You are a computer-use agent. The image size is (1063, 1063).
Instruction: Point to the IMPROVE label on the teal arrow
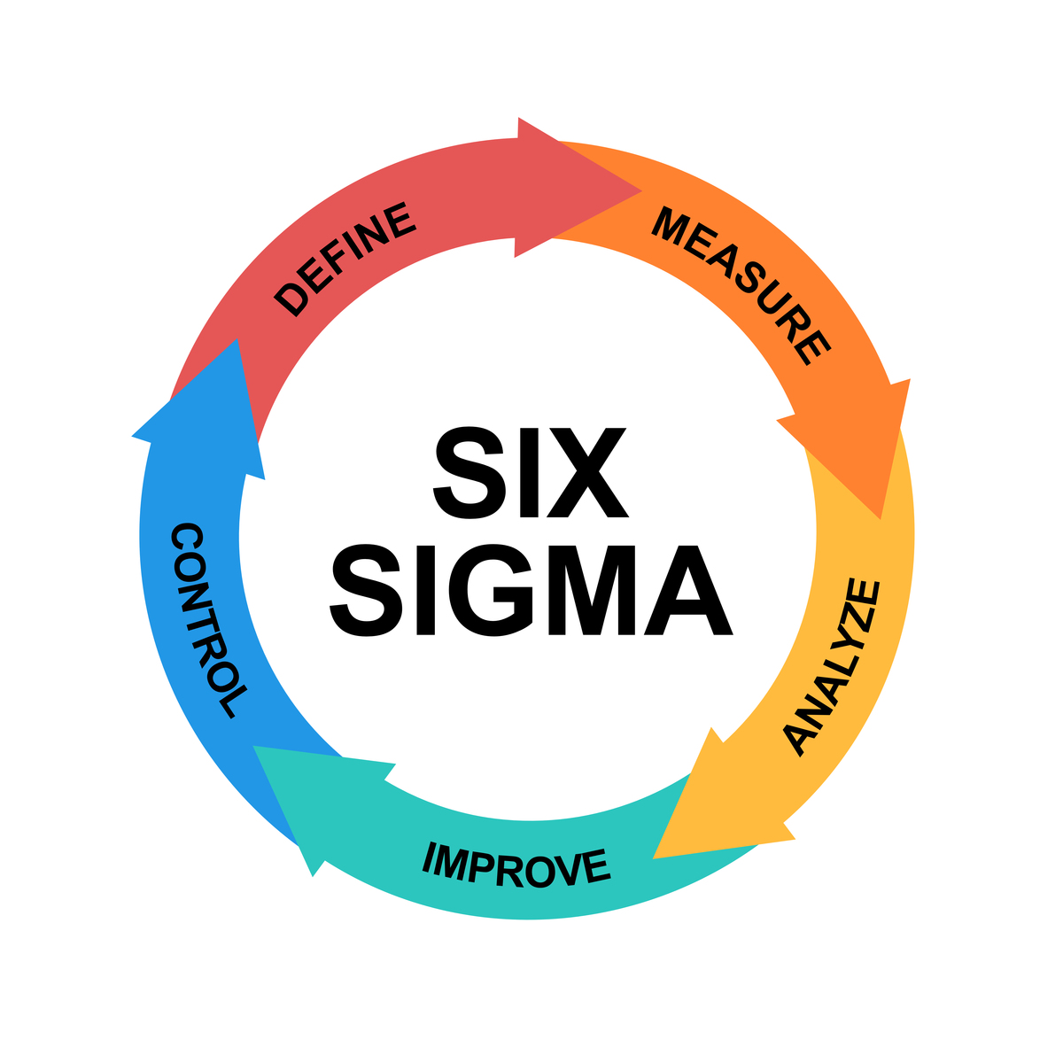coord(516,864)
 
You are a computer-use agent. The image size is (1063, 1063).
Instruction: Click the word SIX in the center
coord(530,472)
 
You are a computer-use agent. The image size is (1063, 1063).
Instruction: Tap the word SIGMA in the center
coord(530,590)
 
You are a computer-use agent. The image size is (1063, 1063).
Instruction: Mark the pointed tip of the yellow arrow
coord(655,857)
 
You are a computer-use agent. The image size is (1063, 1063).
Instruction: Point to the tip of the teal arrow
coord(254,747)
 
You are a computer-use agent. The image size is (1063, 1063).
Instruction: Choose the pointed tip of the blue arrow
coord(237,340)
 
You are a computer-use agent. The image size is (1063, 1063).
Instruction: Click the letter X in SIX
coord(586,472)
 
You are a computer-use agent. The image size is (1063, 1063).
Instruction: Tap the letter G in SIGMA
coord(490,590)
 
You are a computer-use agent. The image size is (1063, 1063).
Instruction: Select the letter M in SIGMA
coord(592,590)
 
